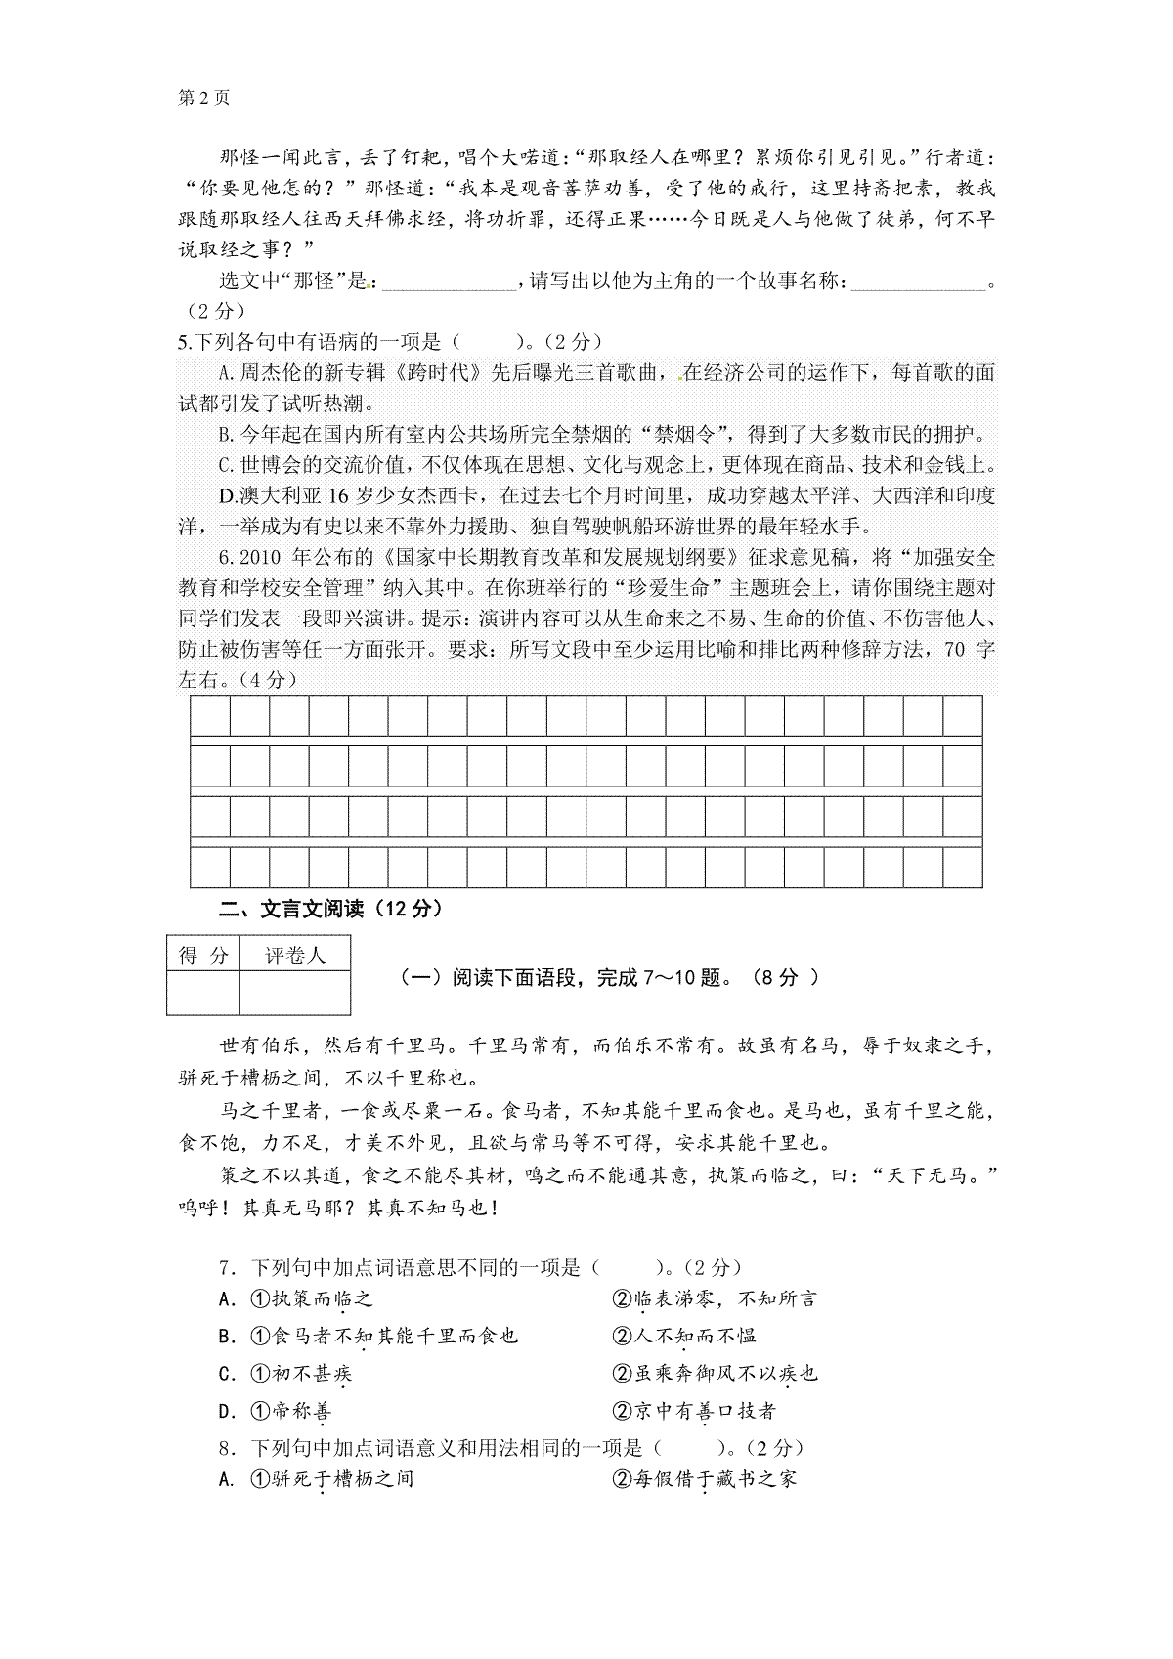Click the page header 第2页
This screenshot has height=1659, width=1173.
coord(203,98)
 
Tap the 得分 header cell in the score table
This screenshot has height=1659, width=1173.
coord(203,956)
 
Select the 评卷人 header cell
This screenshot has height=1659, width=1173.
coord(294,956)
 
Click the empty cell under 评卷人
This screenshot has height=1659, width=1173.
coord(294,994)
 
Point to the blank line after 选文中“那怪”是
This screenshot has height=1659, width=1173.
coord(449,283)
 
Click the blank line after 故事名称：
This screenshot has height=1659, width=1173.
coord(919,283)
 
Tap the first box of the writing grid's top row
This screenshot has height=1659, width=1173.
coord(209,715)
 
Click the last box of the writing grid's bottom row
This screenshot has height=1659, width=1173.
coord(962,868)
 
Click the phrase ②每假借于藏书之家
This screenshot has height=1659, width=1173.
coord(705,1479)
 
